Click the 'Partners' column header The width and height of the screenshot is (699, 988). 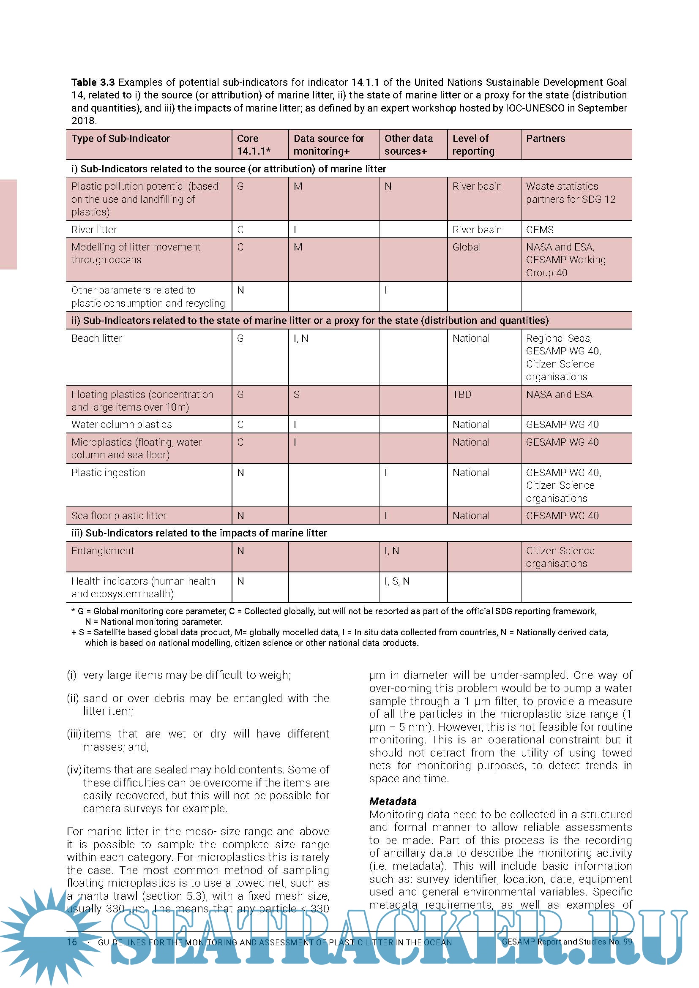coord(545,139)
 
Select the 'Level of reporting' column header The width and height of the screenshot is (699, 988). coord(473,144)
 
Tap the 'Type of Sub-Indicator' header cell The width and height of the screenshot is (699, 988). coord(120,139)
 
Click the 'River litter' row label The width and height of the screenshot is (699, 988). coord(94,230)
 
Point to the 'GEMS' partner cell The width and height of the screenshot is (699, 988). coord(540,230)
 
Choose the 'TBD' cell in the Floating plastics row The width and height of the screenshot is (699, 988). coord(462,394)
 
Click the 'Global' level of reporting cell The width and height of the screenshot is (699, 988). coord(467,247)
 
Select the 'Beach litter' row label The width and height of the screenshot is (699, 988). coord(97,338)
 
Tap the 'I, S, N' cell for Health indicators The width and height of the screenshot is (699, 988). coord(397,581)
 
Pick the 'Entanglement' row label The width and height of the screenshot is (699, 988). coord(103,551)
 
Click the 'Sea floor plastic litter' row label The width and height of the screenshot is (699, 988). coord(119,515)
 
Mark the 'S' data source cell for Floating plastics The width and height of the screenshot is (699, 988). coord(297,394)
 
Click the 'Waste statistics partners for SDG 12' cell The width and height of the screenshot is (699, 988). coord(570,193)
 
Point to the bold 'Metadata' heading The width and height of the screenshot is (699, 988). coord(393,801)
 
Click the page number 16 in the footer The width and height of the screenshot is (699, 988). coord(72,942)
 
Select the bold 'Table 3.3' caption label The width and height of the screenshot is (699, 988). coord(93,82)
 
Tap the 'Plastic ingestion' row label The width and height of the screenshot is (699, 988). coord(109,473)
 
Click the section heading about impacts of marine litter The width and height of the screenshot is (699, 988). coord(199,533)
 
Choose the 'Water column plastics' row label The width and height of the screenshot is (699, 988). coord(122,425)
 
